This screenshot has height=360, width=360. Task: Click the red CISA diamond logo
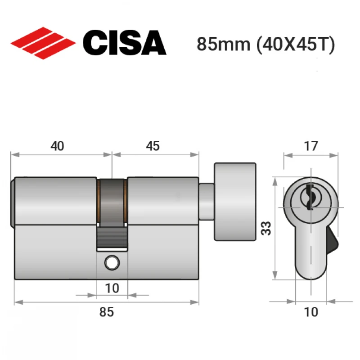coord(43,43)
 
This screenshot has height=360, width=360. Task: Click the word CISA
coord(125,43)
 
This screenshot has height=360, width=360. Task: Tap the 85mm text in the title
coord(223,44)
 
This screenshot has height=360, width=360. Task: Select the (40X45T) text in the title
coord(296,45)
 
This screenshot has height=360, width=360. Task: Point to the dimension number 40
coord(57,146)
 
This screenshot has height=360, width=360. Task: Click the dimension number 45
coord(153,146)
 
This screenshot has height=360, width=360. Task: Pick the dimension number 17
coord(311,146)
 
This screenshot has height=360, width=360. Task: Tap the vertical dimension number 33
coord(266,228)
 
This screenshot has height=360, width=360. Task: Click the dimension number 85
coord(106,312)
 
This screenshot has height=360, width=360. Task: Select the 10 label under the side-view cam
coord(112,288)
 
